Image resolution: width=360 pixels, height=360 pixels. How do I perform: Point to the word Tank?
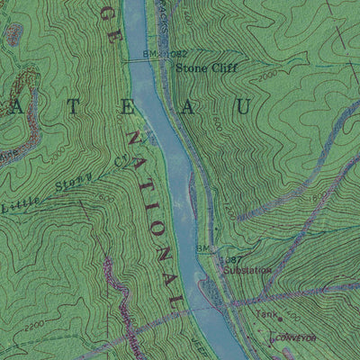pyautogui.click(x=263, y=314)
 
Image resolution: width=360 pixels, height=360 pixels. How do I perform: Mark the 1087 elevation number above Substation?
pyautogui.click(x=229, y=258)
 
